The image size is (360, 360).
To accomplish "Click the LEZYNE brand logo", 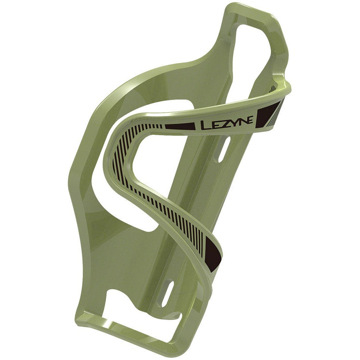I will click(x=226, y=123).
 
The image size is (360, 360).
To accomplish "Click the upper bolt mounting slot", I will click(x=222, y=150).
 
